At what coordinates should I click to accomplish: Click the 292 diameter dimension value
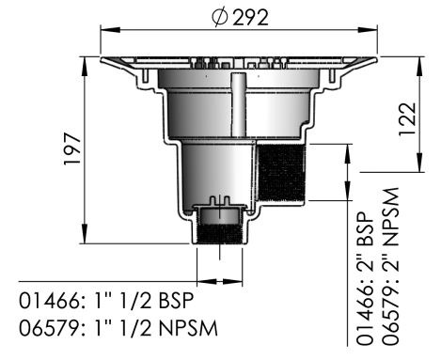click(x=250, y=18)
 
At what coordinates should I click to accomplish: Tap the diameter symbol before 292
click(x=219, y=18)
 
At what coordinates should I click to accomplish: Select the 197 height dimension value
click(x=72, y=149)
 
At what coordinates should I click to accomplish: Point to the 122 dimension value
click(x=407, y=119)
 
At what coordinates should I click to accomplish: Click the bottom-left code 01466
click(x=50, y=301)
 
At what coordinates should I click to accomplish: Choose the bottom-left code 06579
click(x=50, y=328)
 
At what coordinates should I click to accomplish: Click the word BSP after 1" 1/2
click(x=176, y=301)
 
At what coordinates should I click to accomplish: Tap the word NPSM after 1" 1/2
click(x=188, y=328)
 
